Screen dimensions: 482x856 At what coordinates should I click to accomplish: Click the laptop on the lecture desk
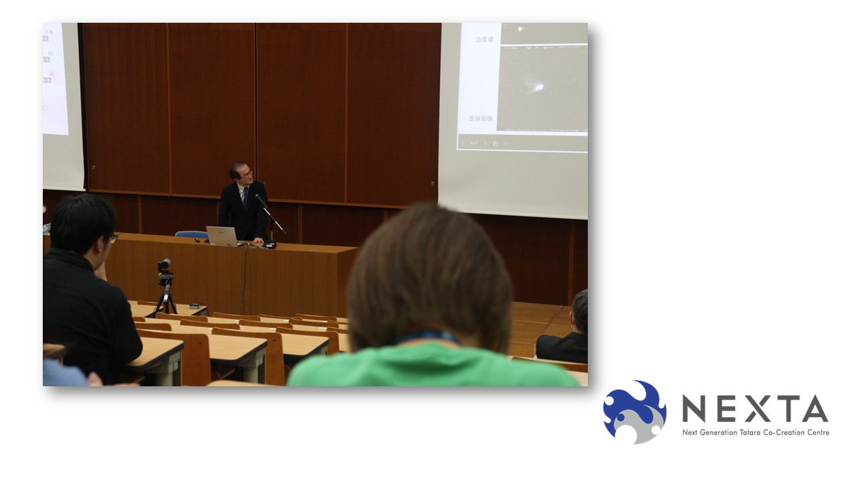(x=222, y=236)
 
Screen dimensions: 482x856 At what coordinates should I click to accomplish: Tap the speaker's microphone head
(x=257, y=197)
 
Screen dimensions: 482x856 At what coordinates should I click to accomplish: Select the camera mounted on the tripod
(x=165, y=266)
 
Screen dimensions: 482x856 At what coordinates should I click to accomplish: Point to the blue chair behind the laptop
(x=191, y=234)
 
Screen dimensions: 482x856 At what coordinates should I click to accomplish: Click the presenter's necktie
(x=245, y=199)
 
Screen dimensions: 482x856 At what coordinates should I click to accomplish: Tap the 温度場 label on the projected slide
(x=484, y=39)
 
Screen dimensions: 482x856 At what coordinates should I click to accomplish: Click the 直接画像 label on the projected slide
(x=480, y=118)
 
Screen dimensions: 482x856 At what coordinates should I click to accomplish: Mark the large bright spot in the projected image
(x=537, y=86)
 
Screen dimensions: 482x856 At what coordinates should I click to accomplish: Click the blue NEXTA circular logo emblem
(x=634, y=411)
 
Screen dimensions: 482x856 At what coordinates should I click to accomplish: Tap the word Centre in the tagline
(x=817, y=432)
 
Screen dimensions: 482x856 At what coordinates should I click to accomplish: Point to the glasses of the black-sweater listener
(x=113, y=238)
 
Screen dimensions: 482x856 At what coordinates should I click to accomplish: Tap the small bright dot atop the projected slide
(x=520, y=29)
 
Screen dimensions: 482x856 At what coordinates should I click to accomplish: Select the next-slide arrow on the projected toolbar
(x=486, y=143)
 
